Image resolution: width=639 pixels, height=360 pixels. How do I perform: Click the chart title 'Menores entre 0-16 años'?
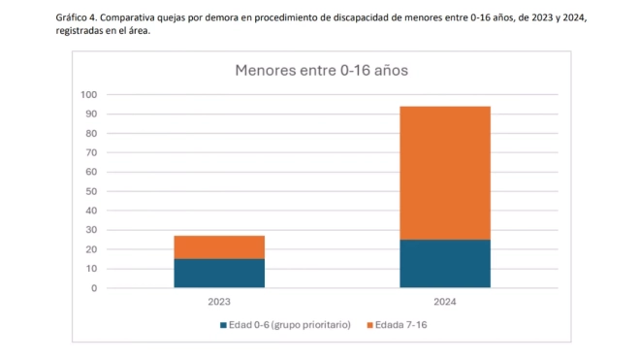coord(320,71)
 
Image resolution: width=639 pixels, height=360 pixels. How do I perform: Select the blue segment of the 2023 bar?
coord(219,273)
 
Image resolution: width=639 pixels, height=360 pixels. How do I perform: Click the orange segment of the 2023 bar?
coord(219,246)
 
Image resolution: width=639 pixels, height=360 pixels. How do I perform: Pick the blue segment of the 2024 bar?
coord(445,263)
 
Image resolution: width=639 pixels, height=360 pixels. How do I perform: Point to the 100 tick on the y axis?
coord(88,94)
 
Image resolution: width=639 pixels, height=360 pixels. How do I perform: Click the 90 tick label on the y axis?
coord(90,114)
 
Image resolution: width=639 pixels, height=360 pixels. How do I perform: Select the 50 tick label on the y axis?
coord(90,191)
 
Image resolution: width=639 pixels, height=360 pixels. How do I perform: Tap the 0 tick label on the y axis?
coord(93,288)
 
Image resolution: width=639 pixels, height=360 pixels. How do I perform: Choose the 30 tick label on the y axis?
coord(90,230)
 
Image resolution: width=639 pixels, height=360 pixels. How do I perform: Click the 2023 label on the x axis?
coord(219,302)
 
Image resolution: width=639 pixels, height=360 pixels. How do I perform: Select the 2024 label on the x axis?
coord(445,302)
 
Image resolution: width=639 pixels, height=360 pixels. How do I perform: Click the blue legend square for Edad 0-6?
coord(224,324)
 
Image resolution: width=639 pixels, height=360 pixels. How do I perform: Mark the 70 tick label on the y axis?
coord(90,152)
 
